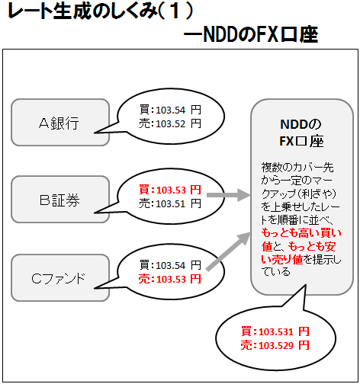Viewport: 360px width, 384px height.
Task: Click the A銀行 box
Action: [60, 123]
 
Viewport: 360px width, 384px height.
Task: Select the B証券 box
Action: [60, 200]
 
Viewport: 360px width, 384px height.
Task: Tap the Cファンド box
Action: [60, 278]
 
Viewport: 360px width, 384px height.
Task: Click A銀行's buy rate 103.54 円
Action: [170, 110]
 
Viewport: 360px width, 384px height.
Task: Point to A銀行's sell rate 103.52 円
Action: [170, 124]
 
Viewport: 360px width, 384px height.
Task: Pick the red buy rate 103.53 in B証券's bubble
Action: [170, 190]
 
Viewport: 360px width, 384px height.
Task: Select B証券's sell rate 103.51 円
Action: [170, 203]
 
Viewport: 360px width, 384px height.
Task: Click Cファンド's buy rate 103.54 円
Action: [170, 265]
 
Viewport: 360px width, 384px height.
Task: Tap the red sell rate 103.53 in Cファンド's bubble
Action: [170, 279]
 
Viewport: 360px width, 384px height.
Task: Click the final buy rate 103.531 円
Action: [275, 331]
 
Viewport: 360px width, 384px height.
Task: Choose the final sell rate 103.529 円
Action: [275, 345]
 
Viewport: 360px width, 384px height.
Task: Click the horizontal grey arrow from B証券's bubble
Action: [229, 195]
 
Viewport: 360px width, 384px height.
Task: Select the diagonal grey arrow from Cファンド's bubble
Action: [228, 251]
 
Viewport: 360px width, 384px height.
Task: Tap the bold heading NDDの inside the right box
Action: [301, 124]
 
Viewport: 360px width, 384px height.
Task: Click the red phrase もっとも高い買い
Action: [301, 233]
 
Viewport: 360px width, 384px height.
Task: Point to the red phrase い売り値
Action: [282, 260]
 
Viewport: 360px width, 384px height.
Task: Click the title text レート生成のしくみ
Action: [82, 11]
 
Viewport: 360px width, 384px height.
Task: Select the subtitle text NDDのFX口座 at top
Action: [261, 35]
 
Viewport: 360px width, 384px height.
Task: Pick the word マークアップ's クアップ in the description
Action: [278, 194]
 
